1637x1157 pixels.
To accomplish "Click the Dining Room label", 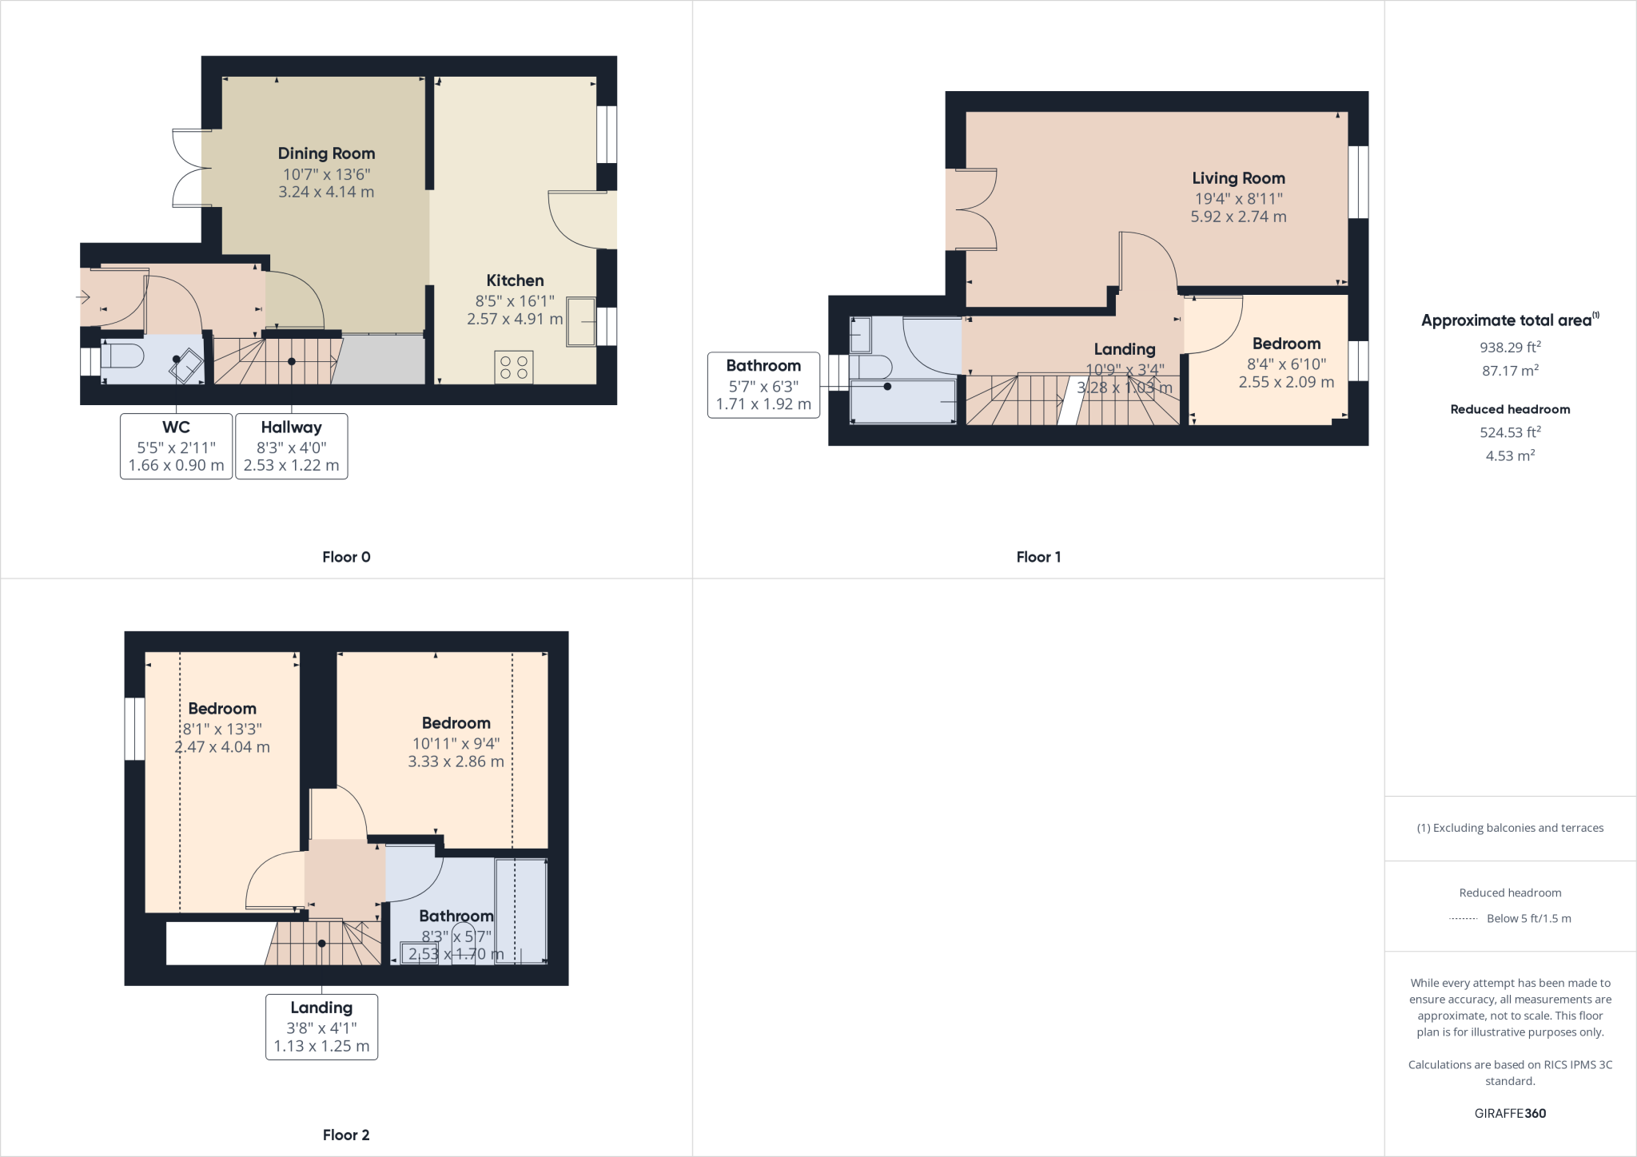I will pos(326,153).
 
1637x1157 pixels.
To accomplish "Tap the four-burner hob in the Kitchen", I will pos(514,368).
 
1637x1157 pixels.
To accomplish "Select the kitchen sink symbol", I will pos(581,322).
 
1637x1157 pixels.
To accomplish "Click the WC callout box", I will pos(176,446).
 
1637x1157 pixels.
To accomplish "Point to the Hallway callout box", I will pos(291,446).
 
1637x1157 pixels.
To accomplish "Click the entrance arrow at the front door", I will pos(83,297).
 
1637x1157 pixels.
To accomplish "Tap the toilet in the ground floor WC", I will pos(123,356).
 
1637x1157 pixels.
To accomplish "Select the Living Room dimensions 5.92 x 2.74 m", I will pos(1238,217).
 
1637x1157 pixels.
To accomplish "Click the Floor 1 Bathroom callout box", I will pos(763,384).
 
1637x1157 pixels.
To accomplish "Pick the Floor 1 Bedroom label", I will pos(1285,344).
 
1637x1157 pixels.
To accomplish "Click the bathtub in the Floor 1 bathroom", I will pos(903,401).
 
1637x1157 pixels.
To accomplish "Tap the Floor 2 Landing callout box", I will pos(321,1027).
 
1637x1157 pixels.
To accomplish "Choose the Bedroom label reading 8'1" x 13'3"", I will pos(222,709).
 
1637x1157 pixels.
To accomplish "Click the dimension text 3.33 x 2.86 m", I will pos(456,761).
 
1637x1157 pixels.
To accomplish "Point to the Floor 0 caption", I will pos(346,557).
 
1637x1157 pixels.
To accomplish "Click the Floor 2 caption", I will pos(346,1135).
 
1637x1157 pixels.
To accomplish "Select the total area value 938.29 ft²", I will pos(1510,348).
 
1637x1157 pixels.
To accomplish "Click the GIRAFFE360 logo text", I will pos(1510,1113).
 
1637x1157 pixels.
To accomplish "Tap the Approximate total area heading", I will pos(1508,320).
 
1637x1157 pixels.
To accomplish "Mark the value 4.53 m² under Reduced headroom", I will pos(1510,455).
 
